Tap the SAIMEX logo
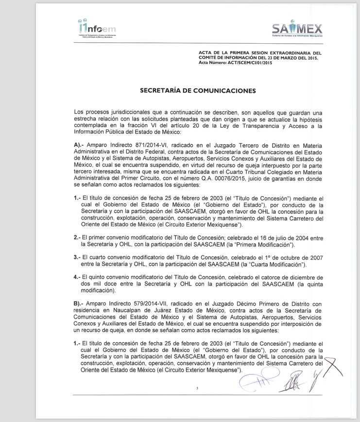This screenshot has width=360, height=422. point(297,29)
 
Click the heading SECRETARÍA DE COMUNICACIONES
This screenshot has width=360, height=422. point(198,90)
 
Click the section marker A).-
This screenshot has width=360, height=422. point(79,145)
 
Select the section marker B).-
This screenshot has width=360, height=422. point(79,304)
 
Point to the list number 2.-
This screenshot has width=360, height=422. point(77,237)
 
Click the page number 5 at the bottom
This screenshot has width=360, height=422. point(197,388)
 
